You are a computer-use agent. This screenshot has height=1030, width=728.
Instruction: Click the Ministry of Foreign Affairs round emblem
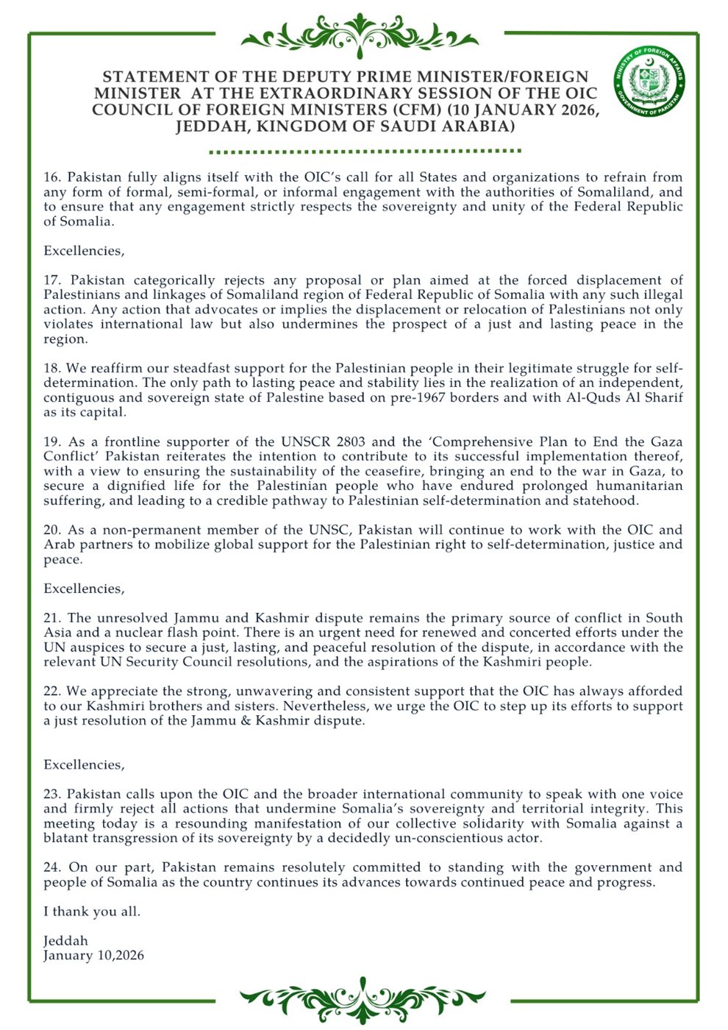[649, 82]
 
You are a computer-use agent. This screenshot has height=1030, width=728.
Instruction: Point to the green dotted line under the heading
[365, 151]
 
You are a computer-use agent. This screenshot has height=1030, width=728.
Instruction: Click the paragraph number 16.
[51, 177]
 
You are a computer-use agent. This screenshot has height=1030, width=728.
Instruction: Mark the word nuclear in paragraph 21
[127, 633]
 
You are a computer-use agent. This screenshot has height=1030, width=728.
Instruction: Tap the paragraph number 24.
[51, 867]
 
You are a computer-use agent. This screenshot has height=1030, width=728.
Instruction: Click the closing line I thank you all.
[92, 912]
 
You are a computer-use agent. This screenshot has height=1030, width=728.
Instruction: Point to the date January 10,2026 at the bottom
[93, 956]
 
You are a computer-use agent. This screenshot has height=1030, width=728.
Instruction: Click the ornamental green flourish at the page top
[360, 33]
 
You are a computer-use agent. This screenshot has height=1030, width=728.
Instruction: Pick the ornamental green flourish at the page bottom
[362, 998]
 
